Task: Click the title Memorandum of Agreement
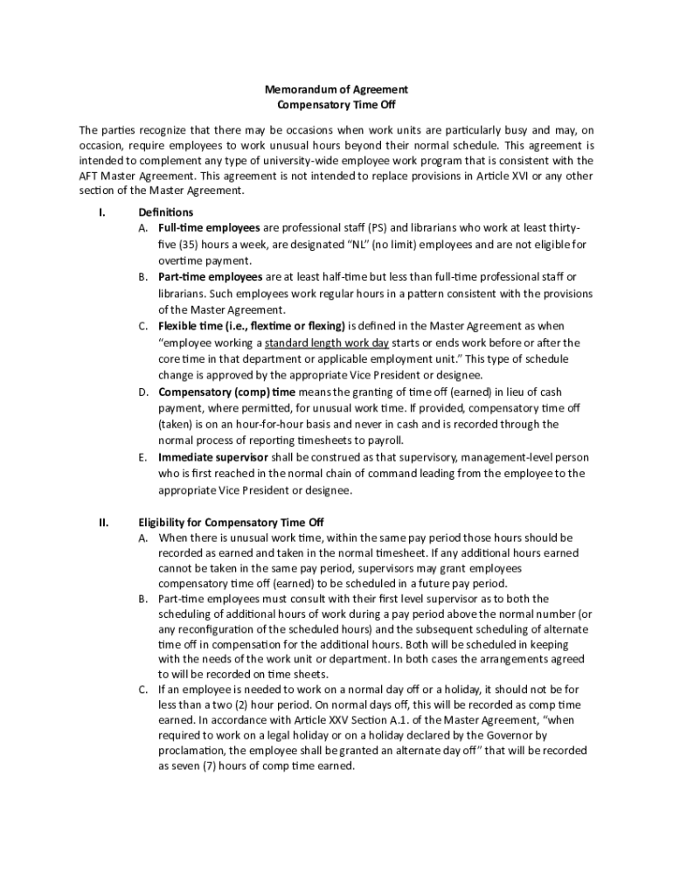tap(336, 89)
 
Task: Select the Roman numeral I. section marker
tap(102, 212)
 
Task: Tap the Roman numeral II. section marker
tap(103, 523)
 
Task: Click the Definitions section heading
tap(166, 212)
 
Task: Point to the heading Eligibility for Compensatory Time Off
tap(232, 523)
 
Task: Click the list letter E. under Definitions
tap(142, 457)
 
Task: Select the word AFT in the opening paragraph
tap(89, 176)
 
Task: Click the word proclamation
tap(191, 751)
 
